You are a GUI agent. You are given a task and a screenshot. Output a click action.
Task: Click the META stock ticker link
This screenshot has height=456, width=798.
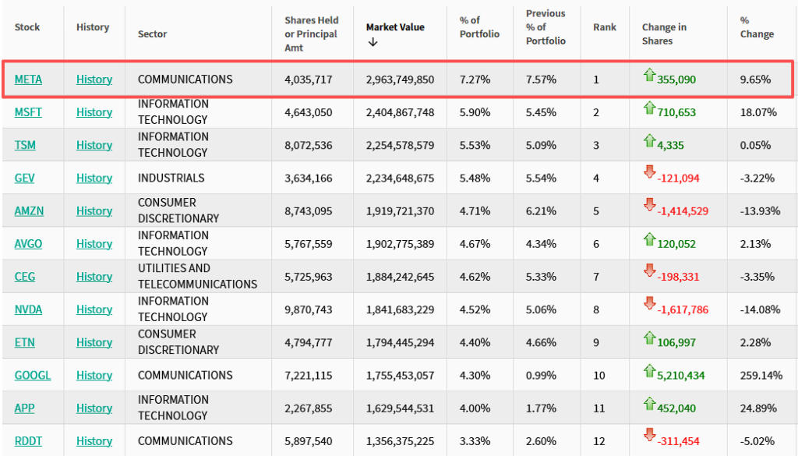click(x=28, y=80)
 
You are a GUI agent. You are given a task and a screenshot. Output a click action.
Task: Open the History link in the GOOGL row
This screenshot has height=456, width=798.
click(x=94, y=376)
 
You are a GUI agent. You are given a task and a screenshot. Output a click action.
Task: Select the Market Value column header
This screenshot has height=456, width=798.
click(x=395, y=27)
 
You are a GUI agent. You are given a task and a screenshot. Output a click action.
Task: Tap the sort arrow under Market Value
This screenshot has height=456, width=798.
click(x=373, y=42)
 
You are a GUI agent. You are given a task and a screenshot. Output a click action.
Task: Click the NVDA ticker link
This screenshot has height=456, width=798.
click(x=28, y=309)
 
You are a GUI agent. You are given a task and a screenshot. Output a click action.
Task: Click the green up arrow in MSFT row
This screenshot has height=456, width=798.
click(x=649, y=107)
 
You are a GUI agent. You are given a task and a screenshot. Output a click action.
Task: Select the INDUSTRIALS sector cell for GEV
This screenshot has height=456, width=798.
click(x=171, y=178)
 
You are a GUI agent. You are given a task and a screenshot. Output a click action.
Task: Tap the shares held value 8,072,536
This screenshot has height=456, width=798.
click(x=308, y=145)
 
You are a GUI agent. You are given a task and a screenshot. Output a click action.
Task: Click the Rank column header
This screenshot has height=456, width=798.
click(x=604, y=27)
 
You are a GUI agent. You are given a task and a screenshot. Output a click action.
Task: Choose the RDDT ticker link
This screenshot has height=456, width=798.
click(x=28, y=441)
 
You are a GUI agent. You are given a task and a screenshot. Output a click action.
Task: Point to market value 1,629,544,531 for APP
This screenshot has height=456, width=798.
click(x=400, y=408)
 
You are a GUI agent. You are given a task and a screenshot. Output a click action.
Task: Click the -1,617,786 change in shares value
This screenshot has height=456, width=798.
click(x=683, y=310)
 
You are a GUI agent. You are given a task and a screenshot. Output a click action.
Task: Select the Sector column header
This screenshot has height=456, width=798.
click(x=152, y=34)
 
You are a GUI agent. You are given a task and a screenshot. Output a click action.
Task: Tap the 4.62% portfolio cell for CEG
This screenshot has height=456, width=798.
click(x=475, y=277)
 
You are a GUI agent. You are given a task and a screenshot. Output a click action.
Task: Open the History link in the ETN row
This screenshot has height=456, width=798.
click(x=94, y=343)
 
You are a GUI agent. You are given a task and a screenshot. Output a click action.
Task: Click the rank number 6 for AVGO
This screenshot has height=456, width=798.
click(x=596, y=244)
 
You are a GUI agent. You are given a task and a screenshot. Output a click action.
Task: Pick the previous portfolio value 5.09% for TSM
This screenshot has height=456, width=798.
click(x=541, y=145)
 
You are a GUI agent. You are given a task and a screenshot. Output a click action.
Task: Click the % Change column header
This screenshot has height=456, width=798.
click(x=757, y=27)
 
